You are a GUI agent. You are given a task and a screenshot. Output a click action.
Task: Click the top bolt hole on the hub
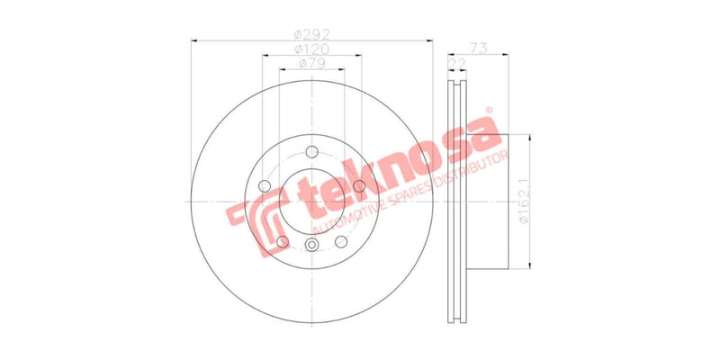coord(311,151)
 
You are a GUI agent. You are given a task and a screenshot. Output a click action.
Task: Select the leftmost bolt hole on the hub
coord(265,187)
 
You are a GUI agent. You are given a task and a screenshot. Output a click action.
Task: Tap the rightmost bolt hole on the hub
coord(359,186)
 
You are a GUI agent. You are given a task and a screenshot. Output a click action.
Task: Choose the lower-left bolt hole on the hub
coord(283,242)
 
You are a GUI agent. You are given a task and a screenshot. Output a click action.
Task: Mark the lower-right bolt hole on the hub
coord(341,242)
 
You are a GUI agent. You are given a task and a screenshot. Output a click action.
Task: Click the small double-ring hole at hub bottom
coord(312,248)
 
